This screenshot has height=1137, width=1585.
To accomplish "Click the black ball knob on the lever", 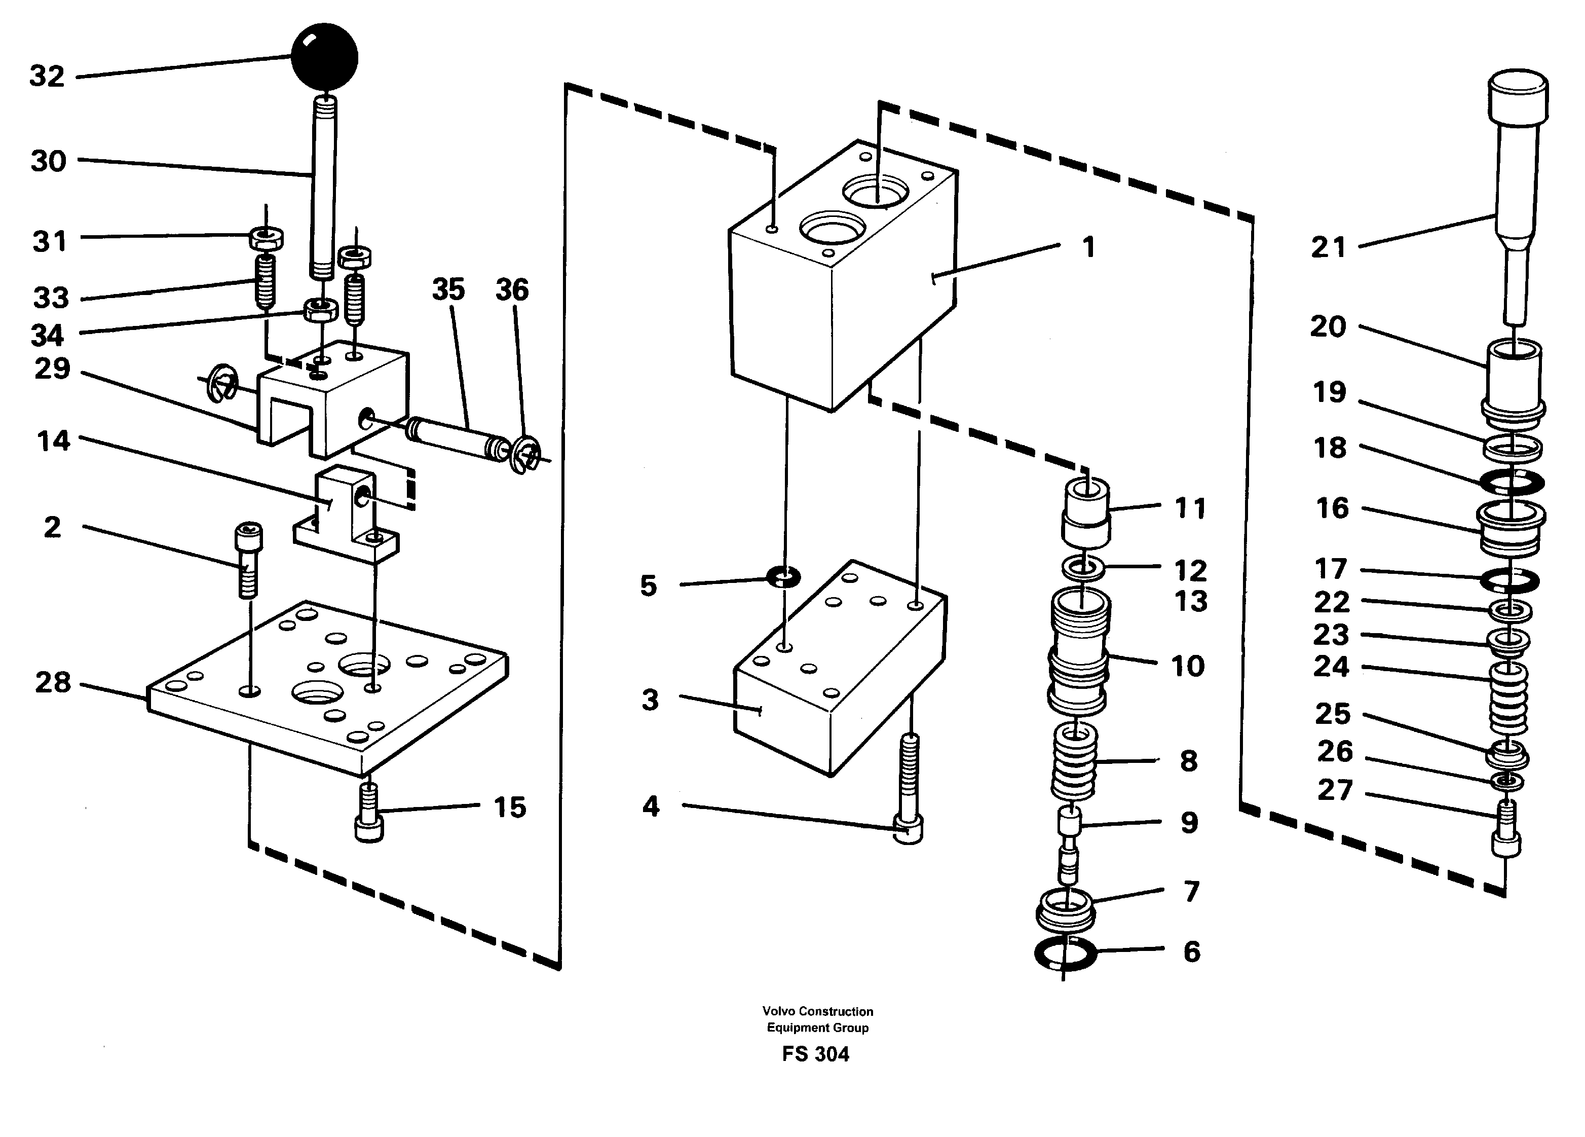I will pos(324,57).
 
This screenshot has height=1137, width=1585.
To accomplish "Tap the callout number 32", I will pos(47,76).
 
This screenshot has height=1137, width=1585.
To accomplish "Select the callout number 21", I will pos(1328,247).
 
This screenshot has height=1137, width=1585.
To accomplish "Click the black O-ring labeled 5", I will pos(783,577).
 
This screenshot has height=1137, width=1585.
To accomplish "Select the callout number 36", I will pos(512,289).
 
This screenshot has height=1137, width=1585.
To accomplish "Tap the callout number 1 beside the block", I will pos(1088,247).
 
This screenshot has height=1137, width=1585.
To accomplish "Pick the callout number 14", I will pos(53,441).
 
